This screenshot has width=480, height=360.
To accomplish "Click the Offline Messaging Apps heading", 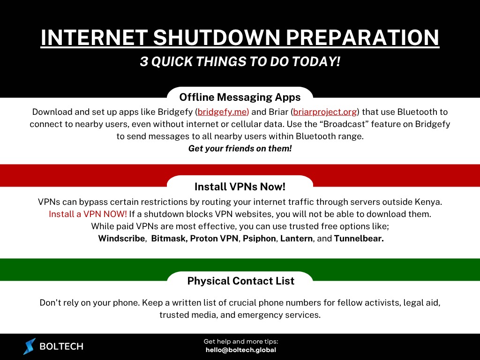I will point(240,97).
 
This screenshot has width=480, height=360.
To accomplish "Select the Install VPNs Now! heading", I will point(240,187).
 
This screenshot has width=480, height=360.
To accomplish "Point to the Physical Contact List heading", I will point(240,281).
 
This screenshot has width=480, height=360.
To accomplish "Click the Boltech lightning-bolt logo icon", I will point(30,346).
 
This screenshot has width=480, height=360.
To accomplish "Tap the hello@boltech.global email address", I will point(241,350).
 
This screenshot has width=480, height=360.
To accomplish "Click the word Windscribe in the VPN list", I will point(121,239).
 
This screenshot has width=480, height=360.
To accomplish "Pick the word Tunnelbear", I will point(359,239).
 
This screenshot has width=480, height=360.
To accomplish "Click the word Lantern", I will point(296,239).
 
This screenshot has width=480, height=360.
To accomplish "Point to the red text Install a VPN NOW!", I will point(88,214).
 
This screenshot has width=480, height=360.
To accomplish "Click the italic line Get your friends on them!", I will point(240,149).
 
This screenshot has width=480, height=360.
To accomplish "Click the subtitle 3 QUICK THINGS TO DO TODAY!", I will point(240,62).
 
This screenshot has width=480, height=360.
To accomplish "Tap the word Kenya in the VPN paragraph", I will point(429,202).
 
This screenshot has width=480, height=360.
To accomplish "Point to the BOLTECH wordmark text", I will point(61,347).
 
